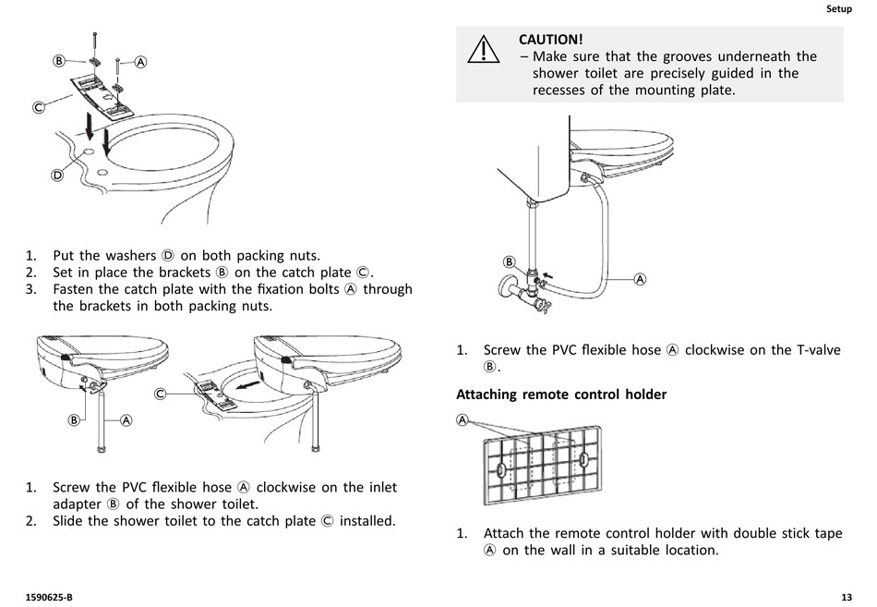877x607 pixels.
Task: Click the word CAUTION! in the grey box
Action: [551, 39]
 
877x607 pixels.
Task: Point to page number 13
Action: [847, 595]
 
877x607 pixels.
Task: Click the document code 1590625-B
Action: [50, 595]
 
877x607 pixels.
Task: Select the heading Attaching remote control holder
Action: [561, 395]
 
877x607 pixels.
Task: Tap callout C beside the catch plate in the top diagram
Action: [39, 107]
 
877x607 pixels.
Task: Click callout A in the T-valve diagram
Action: [640, 278]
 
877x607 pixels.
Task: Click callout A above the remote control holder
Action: [463, 420]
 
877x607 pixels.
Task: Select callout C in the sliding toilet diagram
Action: [161, 394]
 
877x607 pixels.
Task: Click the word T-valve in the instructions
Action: [816, 350]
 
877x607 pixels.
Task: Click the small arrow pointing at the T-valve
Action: [549, 274]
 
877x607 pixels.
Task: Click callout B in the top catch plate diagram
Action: [57, 62]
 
